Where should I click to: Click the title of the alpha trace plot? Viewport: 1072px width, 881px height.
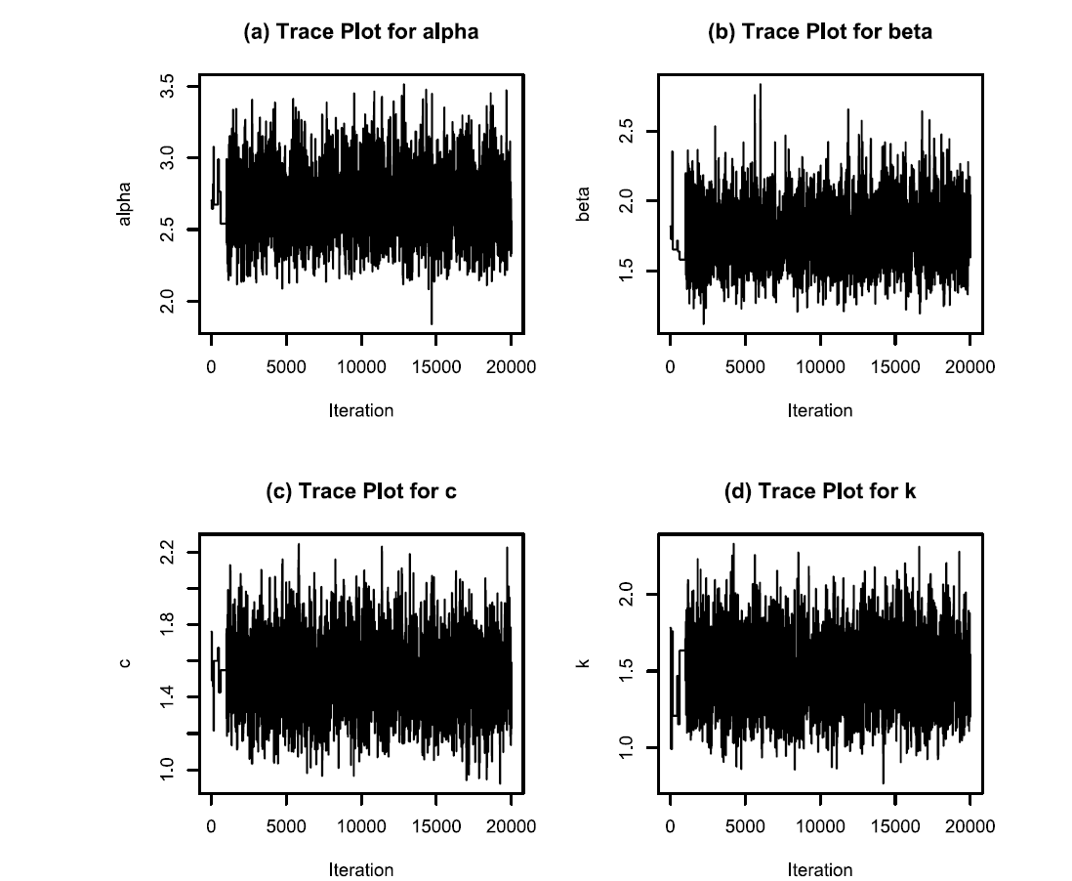tap(361, 31)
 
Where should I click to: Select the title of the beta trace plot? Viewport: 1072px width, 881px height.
tap(820, 31)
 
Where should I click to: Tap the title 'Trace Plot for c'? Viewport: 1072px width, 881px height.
tap(361, 490)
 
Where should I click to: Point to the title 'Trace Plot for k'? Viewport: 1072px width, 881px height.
tap(820, 490)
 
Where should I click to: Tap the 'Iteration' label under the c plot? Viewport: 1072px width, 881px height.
tap(361, 869)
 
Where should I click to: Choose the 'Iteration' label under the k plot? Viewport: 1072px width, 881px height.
tap(820, 869)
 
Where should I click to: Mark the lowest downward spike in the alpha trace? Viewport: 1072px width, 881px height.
tap(432, 321)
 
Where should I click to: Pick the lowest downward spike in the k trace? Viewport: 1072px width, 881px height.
tap(884, 780)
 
